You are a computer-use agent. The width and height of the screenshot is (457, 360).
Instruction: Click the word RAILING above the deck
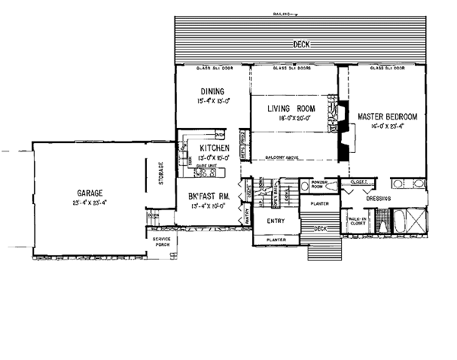click(x=282, y=14)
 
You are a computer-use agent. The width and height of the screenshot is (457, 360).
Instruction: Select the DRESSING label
click(x=379, y=199)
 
